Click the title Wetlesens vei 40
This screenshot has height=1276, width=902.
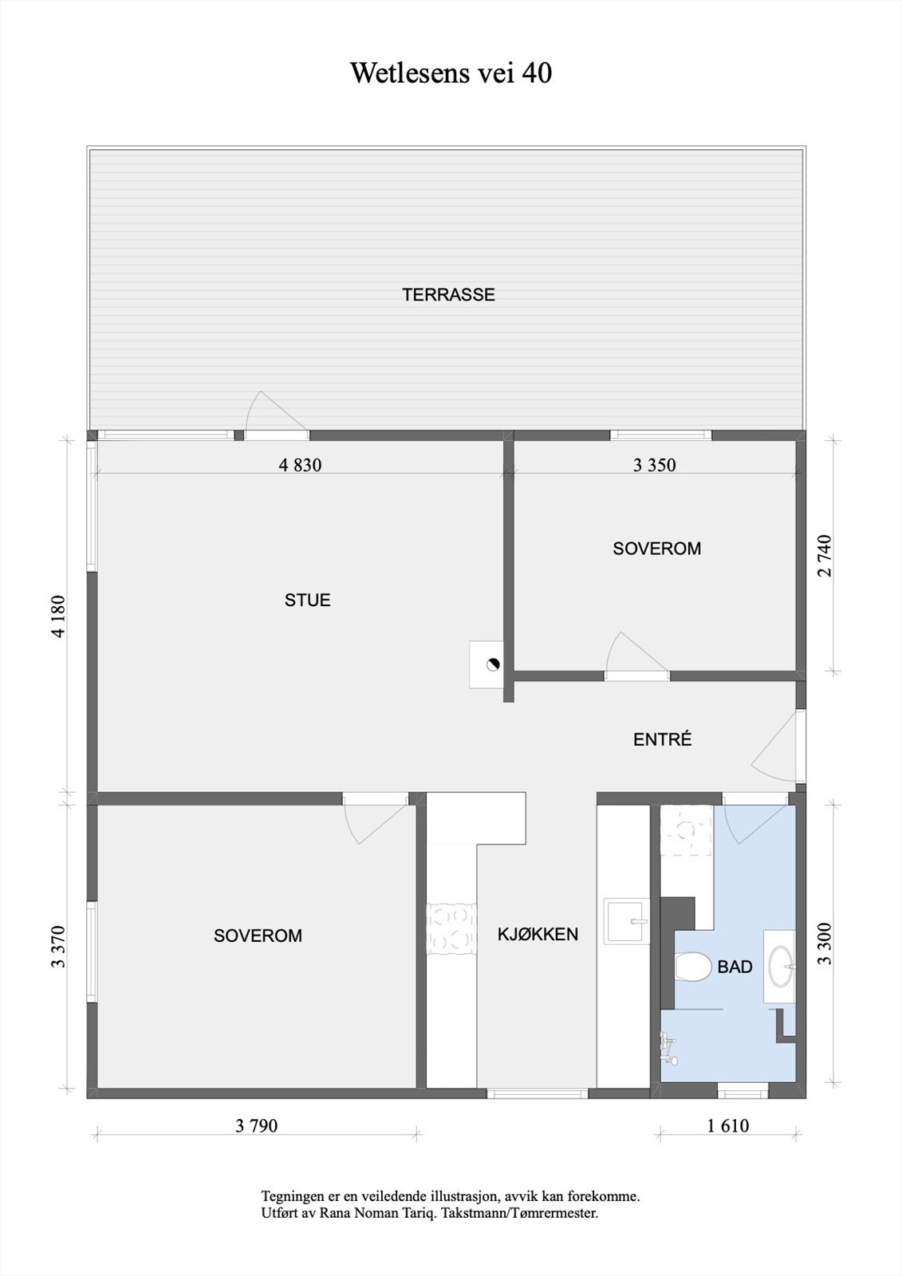tap(451, 73)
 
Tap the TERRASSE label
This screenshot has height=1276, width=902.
tap(448, 295)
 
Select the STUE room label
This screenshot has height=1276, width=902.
tap(307, 601)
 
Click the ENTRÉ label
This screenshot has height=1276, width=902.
tap(662, 740)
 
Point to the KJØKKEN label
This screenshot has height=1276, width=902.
tap(538, 935)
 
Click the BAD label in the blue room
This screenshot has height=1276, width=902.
tap(735, 967)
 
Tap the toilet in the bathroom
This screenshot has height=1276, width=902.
tap(691, 967)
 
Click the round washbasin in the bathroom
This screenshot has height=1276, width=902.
tap(779, 966)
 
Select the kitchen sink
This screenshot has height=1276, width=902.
tap(627, 921)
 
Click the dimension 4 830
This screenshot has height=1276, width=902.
tap(300, 465)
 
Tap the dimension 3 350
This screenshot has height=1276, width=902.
tap(654, 465)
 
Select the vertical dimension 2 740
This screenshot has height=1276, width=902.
tap(825, 556)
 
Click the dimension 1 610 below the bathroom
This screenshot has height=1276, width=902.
tap(727, 1126)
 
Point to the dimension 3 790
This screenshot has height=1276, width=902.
tap(257, 1126)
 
